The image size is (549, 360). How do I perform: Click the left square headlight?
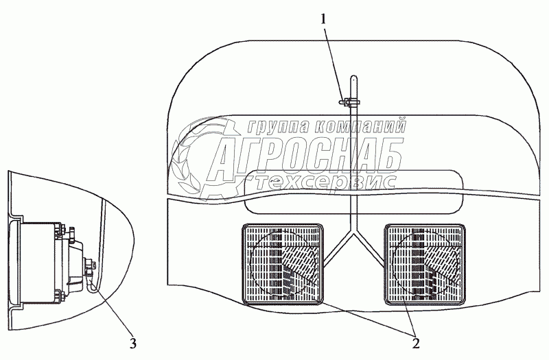point(281,262)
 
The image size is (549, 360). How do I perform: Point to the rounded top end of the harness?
point(353,77)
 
